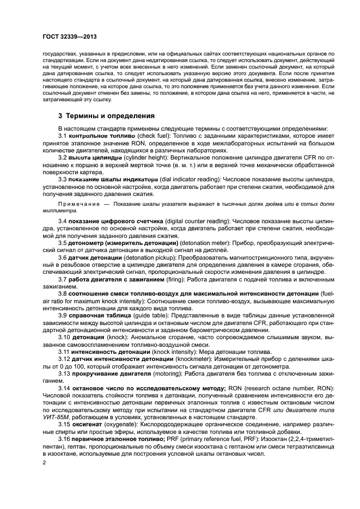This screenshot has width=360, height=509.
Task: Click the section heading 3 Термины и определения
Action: [x=106, y=116]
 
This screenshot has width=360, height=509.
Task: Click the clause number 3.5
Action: [x=63, y=243]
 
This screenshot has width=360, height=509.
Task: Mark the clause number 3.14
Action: [x=64, y=387]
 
